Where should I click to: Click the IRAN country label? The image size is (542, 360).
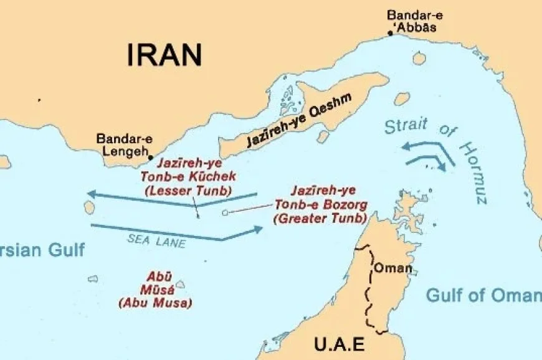pos(164,55)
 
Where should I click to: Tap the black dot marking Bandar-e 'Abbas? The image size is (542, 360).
pos(391,33)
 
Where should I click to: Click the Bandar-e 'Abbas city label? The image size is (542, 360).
pos(412,21)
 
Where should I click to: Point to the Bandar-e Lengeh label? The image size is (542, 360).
pos(124,145)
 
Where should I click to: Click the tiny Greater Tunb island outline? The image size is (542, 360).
pos(225,212)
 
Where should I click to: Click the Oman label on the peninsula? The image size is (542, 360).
pos(392,268)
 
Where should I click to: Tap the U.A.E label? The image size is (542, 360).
pos(339,344)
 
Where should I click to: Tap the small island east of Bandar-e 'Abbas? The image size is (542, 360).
pos(419,58)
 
